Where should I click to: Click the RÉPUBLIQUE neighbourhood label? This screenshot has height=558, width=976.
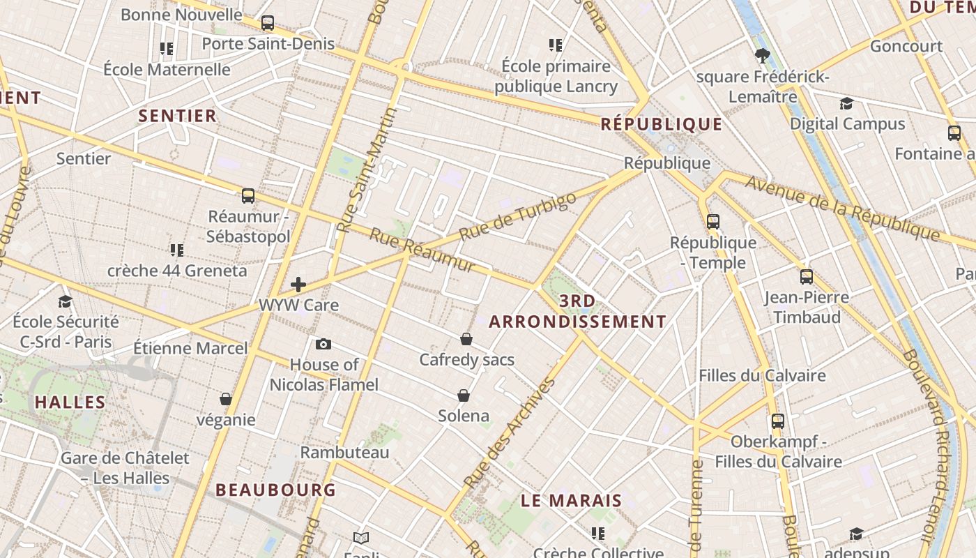coord(662,124)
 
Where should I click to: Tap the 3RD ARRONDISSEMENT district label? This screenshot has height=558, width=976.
coord(577,312)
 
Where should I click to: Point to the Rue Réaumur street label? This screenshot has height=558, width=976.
coord(422,250)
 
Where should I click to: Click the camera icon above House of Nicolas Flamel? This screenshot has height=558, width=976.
coord(323,344)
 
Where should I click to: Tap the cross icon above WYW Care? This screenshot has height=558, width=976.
coord(298,285)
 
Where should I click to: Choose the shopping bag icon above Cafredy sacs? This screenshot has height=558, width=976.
coord(466,339)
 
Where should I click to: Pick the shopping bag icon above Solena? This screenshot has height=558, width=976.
coord(464,395)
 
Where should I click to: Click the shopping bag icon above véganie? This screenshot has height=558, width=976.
coord(225,399)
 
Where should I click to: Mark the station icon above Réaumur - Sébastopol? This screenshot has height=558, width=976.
coord(248,195)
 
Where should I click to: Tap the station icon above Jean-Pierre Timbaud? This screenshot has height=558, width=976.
coord(807,276)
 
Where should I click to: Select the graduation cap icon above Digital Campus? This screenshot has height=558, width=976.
coord(846,103)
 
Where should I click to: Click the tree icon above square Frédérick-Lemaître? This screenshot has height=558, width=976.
coord(762,55)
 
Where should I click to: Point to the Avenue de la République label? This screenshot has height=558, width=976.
coord(842,208)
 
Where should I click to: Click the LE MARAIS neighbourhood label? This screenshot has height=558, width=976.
coord(571,501)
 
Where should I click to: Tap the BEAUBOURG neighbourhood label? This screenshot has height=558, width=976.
coord(275,490)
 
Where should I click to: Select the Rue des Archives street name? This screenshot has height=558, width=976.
coord(510,432)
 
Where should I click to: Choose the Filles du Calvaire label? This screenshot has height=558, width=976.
coord(762,375)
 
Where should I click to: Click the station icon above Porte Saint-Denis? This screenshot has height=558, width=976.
coord(268,23)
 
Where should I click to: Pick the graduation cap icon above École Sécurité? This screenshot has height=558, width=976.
coord(66,301)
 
